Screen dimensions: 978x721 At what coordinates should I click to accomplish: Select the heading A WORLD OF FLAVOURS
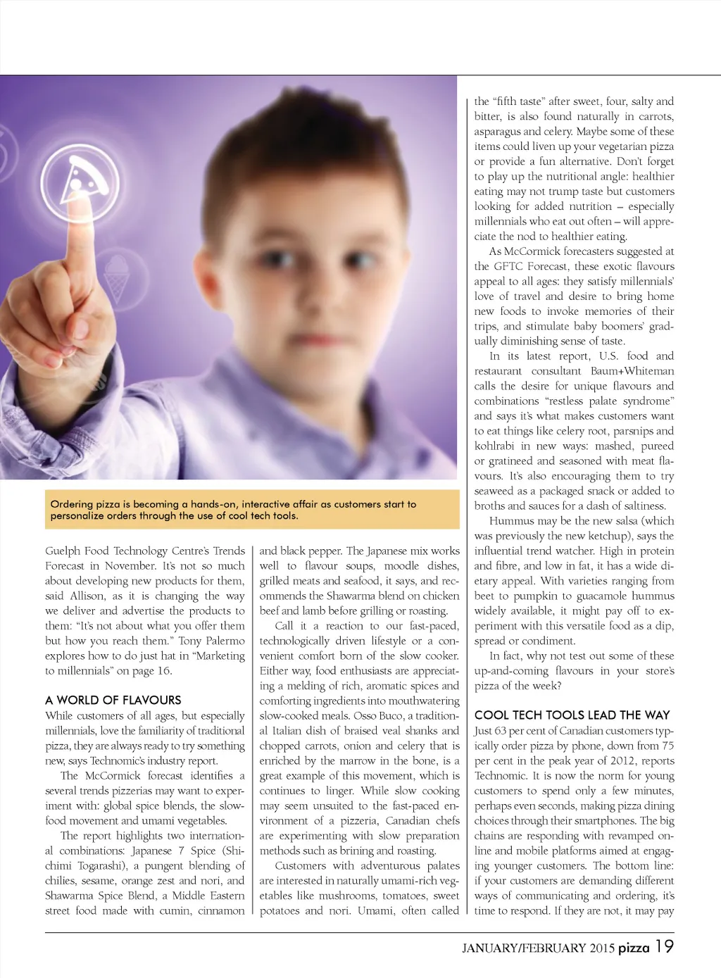point(113,700)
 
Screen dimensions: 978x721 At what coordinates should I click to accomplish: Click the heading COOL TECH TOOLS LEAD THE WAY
point(572,715)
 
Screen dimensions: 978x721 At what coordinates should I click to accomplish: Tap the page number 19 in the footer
point(664,946)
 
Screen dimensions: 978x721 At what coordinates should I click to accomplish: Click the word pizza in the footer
point(634,948)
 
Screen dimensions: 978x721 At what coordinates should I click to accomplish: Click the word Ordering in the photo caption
point(71,504)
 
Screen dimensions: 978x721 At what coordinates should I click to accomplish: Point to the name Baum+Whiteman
point(632,371)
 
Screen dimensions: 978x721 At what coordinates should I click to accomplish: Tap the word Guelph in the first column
point(62,551)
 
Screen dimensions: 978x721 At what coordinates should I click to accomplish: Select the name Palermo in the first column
point(225,641)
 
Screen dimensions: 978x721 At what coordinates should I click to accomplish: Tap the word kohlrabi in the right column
point(494,446)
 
